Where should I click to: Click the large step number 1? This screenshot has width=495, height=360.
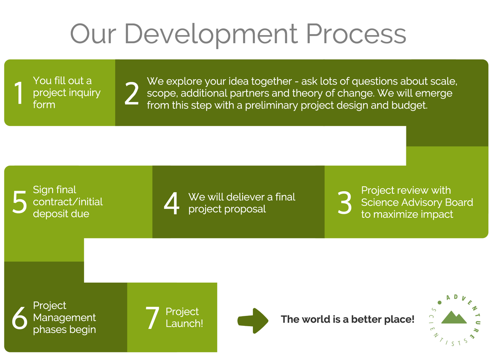point(19,93)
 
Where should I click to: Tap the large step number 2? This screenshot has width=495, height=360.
point(132,93)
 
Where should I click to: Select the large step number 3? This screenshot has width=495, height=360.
point(344,202)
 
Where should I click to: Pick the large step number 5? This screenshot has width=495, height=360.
point(19,202)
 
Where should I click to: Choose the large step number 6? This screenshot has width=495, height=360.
point(19,318)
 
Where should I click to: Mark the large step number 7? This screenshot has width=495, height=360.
point(152,318)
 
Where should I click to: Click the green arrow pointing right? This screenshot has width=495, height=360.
point(253,320)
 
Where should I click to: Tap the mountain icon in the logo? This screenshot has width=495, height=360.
point(454,317)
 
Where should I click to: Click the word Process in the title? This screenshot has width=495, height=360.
point(356,34)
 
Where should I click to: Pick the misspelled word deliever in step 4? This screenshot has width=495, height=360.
point(246,197)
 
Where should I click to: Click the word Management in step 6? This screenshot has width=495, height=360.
point(64,317)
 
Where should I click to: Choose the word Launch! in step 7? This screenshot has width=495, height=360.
point(184,324)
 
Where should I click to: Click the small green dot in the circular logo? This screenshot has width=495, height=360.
point(439,303)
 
